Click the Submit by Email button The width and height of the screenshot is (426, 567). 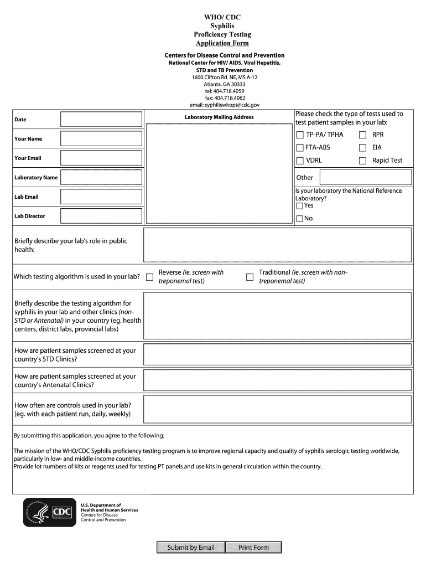(191, 548)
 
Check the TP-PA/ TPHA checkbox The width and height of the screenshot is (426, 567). (300, 135)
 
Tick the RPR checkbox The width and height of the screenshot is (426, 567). (363, 135)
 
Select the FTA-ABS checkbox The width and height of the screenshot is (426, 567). (300, 148)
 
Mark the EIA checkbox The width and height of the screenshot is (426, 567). (363, 148)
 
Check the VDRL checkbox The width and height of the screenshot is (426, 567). (300, 161)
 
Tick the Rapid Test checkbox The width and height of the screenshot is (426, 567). (363, 161)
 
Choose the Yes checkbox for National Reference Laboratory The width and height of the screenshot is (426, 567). (299, 206)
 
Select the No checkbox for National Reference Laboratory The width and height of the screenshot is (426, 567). (299, 219)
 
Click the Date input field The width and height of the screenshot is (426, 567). (101, 120)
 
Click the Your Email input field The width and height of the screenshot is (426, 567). (101, 158)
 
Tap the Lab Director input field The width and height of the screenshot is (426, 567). (101, 217)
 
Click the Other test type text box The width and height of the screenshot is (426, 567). (366, 178)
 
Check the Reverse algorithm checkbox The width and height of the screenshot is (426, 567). (149, 277)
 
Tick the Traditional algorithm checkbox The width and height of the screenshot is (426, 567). (250, 277)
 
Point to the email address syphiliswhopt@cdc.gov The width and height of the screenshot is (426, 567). (224, 105)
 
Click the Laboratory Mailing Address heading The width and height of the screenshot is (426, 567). (219, 117)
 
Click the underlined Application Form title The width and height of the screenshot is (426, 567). (222, 43)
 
